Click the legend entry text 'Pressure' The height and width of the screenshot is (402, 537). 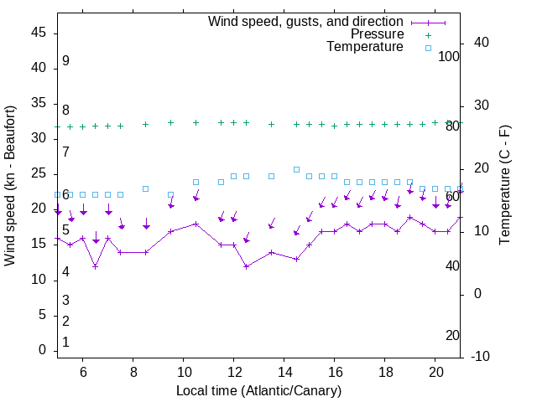[x=378, y=34]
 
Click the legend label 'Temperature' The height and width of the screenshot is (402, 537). [x=365, y=47]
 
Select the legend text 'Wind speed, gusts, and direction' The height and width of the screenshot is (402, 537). [x=306, y=21]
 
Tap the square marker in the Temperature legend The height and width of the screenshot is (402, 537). [x=428, y=48]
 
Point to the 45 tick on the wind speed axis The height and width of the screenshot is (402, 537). [x=39, y=32]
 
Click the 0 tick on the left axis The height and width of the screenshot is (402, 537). [x=42, y=350]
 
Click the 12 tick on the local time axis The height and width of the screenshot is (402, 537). [x=234, y=373]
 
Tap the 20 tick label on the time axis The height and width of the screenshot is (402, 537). [x=435, y=373]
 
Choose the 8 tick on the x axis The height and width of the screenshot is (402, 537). [x=133, y=373]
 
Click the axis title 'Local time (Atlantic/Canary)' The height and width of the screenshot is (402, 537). [x=259, y=390]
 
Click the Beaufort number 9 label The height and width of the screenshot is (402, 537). [x=65, y=61]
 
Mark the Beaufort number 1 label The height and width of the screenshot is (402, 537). [x=65, y=343]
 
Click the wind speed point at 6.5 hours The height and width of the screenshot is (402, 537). [x=96, y=266]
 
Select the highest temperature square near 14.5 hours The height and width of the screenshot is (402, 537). [x=296, y=169]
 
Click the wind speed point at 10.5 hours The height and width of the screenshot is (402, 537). [x=196, y=224]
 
